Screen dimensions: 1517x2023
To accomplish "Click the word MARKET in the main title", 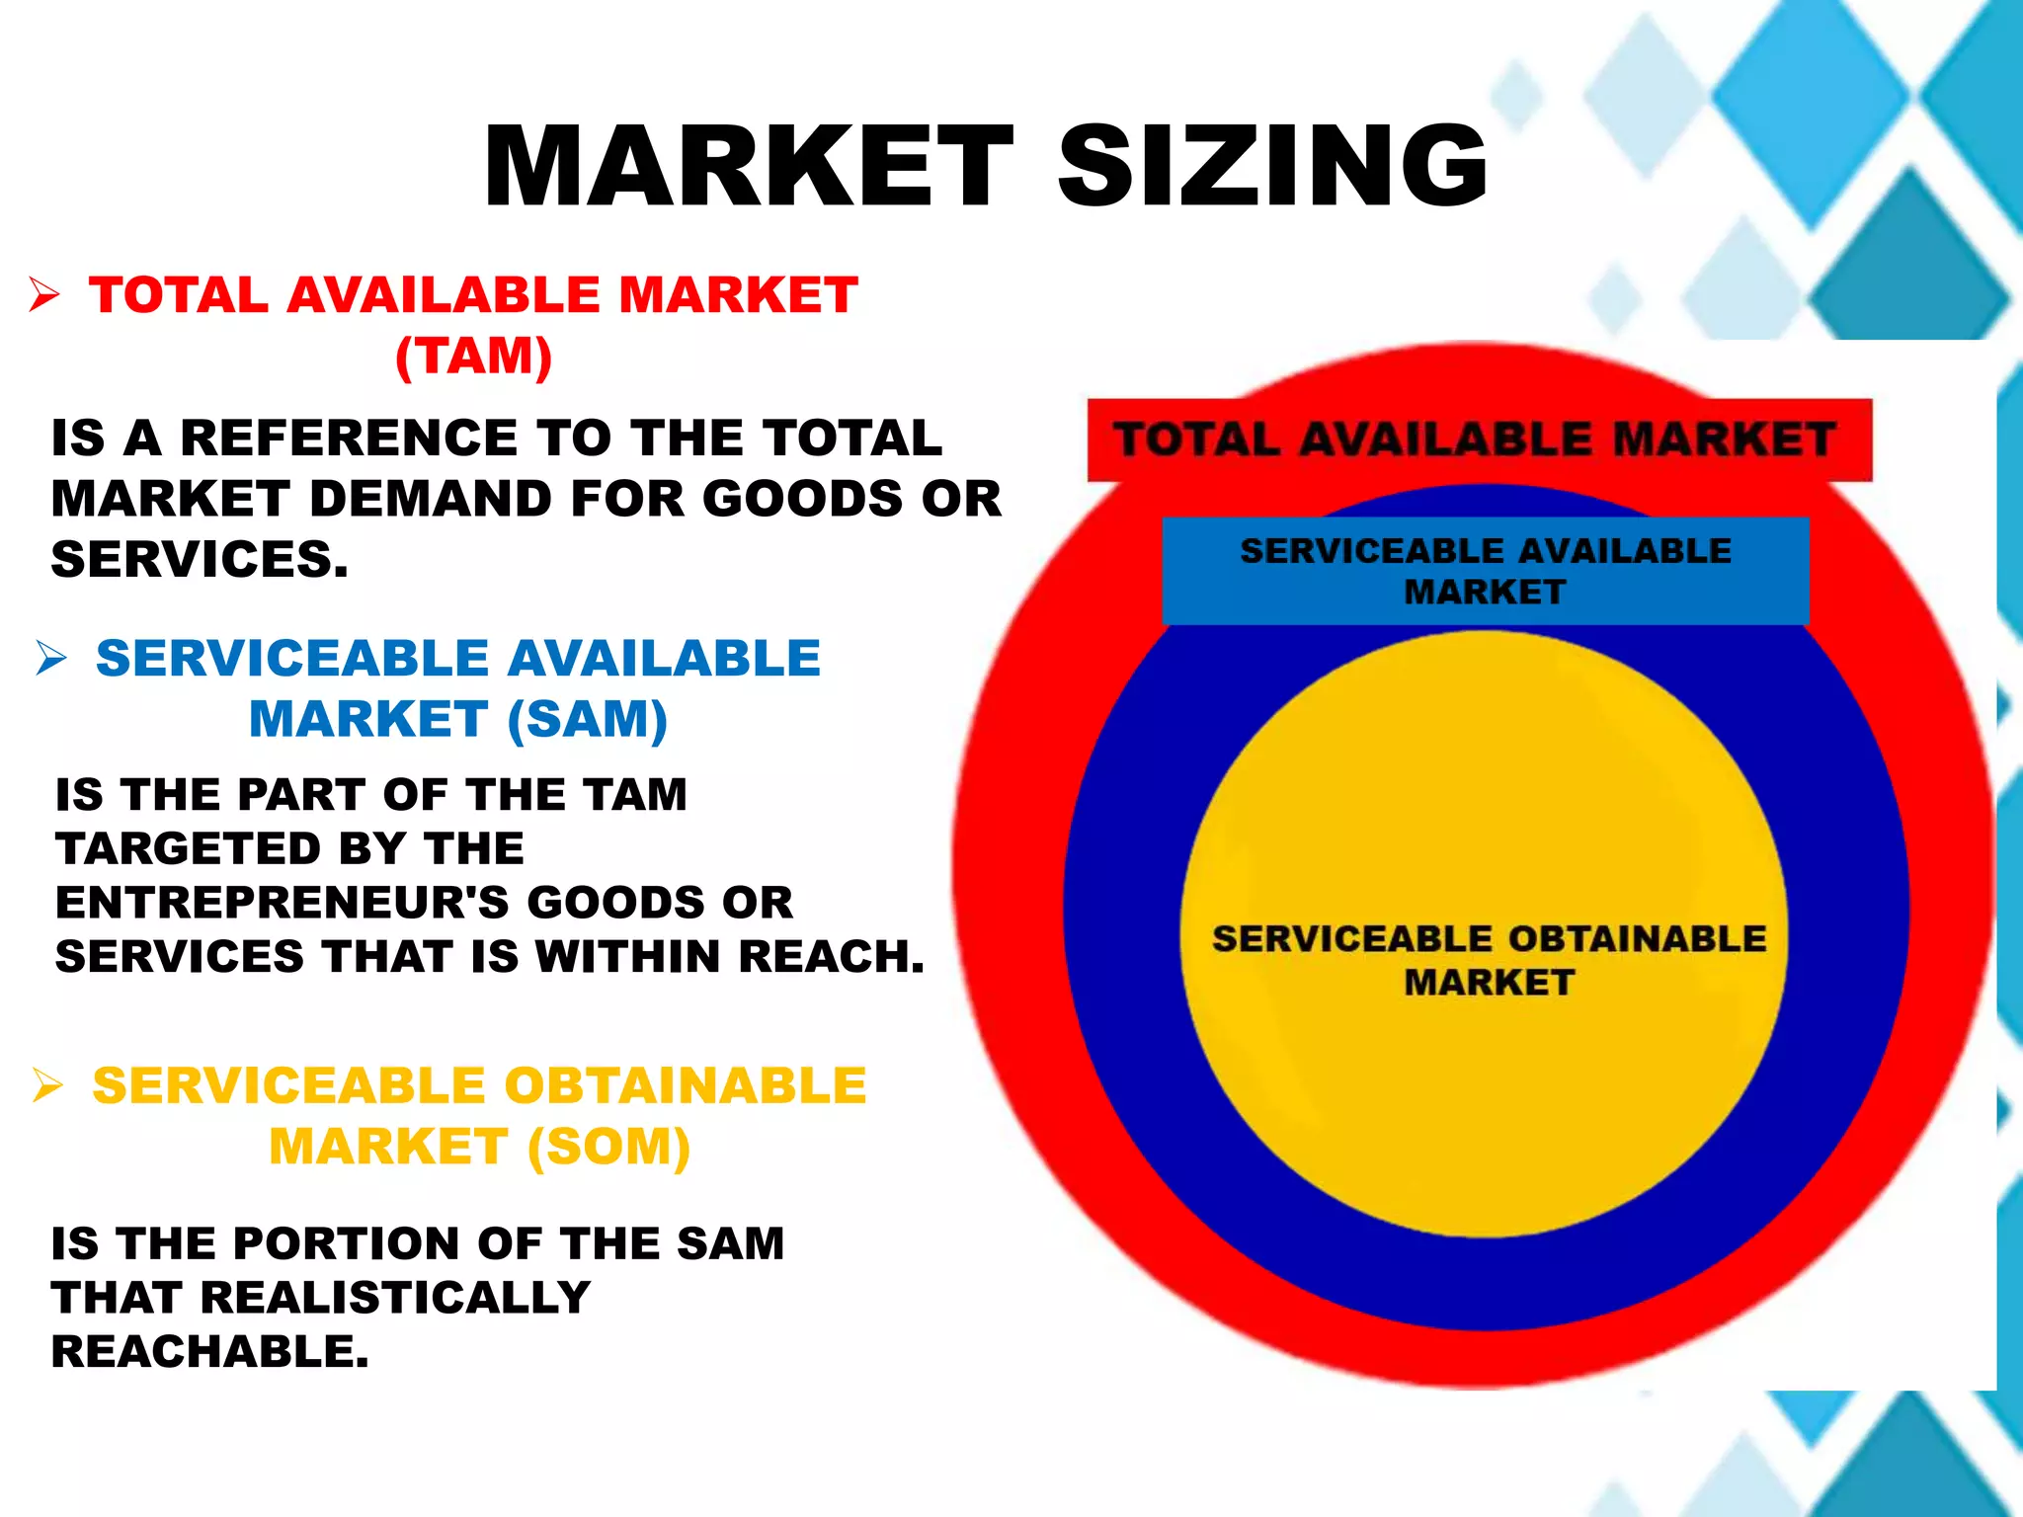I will coord(749,166).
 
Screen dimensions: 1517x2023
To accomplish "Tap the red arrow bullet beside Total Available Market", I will coord(44,294).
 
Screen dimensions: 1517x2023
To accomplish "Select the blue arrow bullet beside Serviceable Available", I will coord(50,658).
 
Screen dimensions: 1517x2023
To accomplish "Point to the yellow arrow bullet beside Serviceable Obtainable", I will coord(47,1084).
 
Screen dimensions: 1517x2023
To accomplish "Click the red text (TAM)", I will coord(473,356).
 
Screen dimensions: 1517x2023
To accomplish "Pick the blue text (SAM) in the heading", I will coord(588,719).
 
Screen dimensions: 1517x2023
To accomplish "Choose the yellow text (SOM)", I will coord(608,1147).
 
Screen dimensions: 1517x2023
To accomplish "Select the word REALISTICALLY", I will coord(395,1298).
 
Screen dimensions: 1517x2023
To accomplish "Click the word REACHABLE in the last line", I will coord(209,1352).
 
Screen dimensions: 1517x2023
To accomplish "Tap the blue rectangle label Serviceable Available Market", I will coord(1486,571).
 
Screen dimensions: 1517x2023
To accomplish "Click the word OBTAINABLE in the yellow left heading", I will coord(686,1085).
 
